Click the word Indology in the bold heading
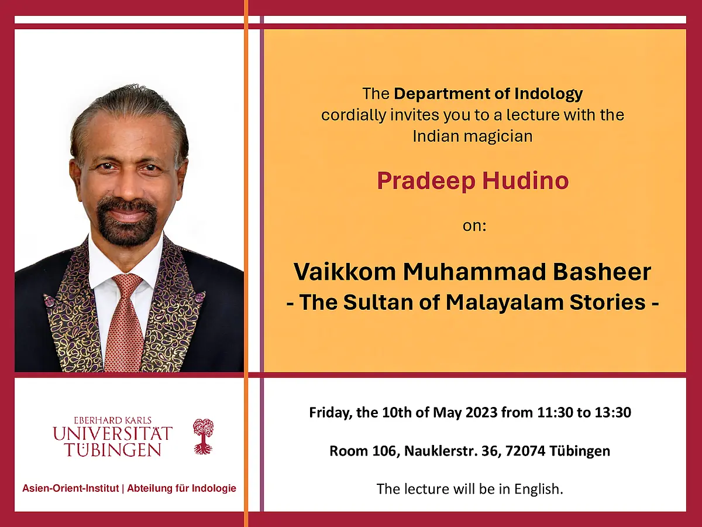549,94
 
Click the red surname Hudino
525,181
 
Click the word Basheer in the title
602,272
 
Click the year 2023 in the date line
481,412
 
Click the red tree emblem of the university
203,436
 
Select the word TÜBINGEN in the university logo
113,450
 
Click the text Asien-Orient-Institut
71,488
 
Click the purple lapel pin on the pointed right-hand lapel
199,297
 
